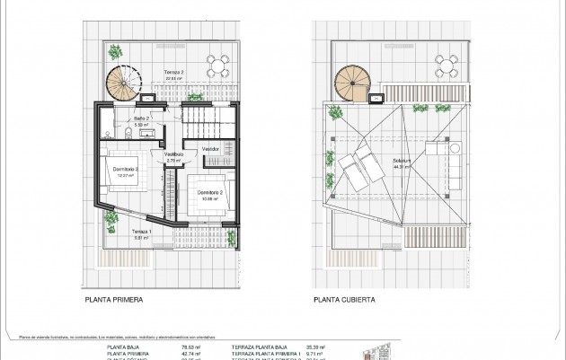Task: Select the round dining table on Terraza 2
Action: pyautogui.click(x=217, y=64)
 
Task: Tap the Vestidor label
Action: pyautogui.click(x=210, y=148)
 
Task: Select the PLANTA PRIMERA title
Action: pyautogui.click(x=115, y=301)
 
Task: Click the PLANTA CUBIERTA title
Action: pyautogui.click(x=344, y=301)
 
